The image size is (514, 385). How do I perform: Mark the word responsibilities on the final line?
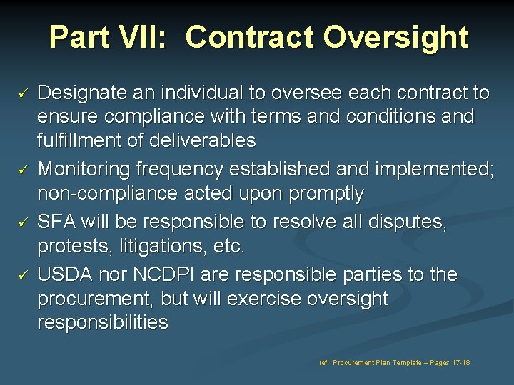coord(103,323)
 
